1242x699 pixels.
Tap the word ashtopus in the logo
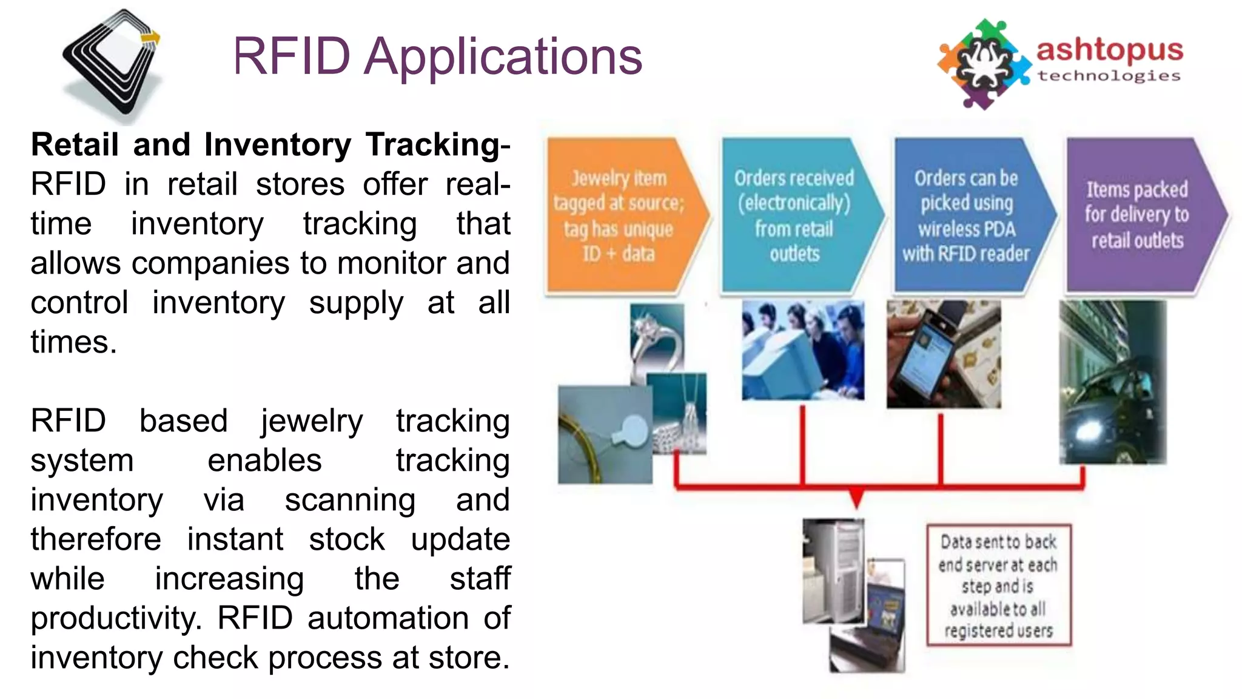[1109, 51]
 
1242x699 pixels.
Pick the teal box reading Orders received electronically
[794, 215]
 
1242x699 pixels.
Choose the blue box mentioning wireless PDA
[966, 215]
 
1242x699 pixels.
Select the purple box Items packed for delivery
[1137, 215]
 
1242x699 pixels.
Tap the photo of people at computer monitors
[802, 350]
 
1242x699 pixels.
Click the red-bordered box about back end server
[998, 586]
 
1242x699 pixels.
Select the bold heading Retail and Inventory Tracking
[270, 145]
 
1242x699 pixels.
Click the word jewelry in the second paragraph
[311, 421]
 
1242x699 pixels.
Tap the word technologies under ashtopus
[1109, 76]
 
